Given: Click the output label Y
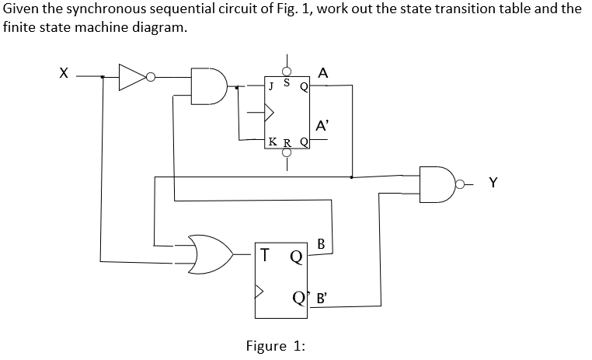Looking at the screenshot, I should [x=493, y=183].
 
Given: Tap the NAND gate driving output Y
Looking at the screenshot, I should [x=436, y=183].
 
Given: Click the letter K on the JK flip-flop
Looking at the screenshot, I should [x=271, y=142].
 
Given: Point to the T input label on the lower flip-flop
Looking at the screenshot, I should [x=266, y=254].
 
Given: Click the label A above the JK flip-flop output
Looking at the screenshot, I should [x=323, y=72].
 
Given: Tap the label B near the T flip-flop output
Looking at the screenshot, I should [x=321, y=244].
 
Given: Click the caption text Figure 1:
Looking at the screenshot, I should [x=275, y=346].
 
